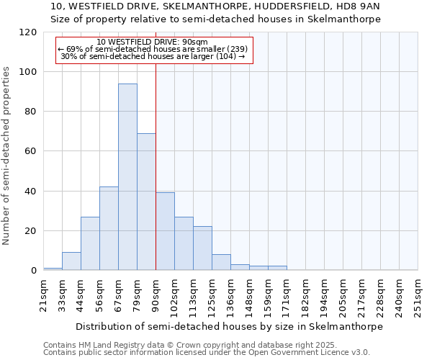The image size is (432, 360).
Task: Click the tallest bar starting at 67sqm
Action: tap(127, 177)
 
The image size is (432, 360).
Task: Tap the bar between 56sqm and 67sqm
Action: tap(109, 228)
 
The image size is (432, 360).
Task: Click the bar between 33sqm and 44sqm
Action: tap(71, 261)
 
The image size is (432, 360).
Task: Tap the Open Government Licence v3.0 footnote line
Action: tap(207, 352)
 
